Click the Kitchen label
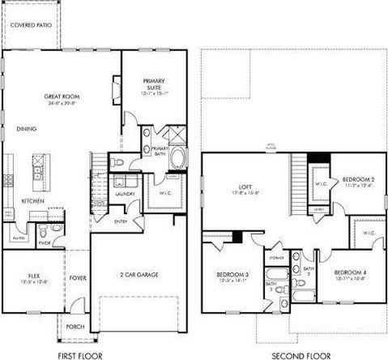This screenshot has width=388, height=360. [33, 200]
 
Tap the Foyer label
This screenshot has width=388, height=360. [77, 276]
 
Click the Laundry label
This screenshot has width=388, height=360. [124, 195]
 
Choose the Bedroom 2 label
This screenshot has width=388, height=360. [356, 179]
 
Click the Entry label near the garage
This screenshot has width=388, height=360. [121, 221]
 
